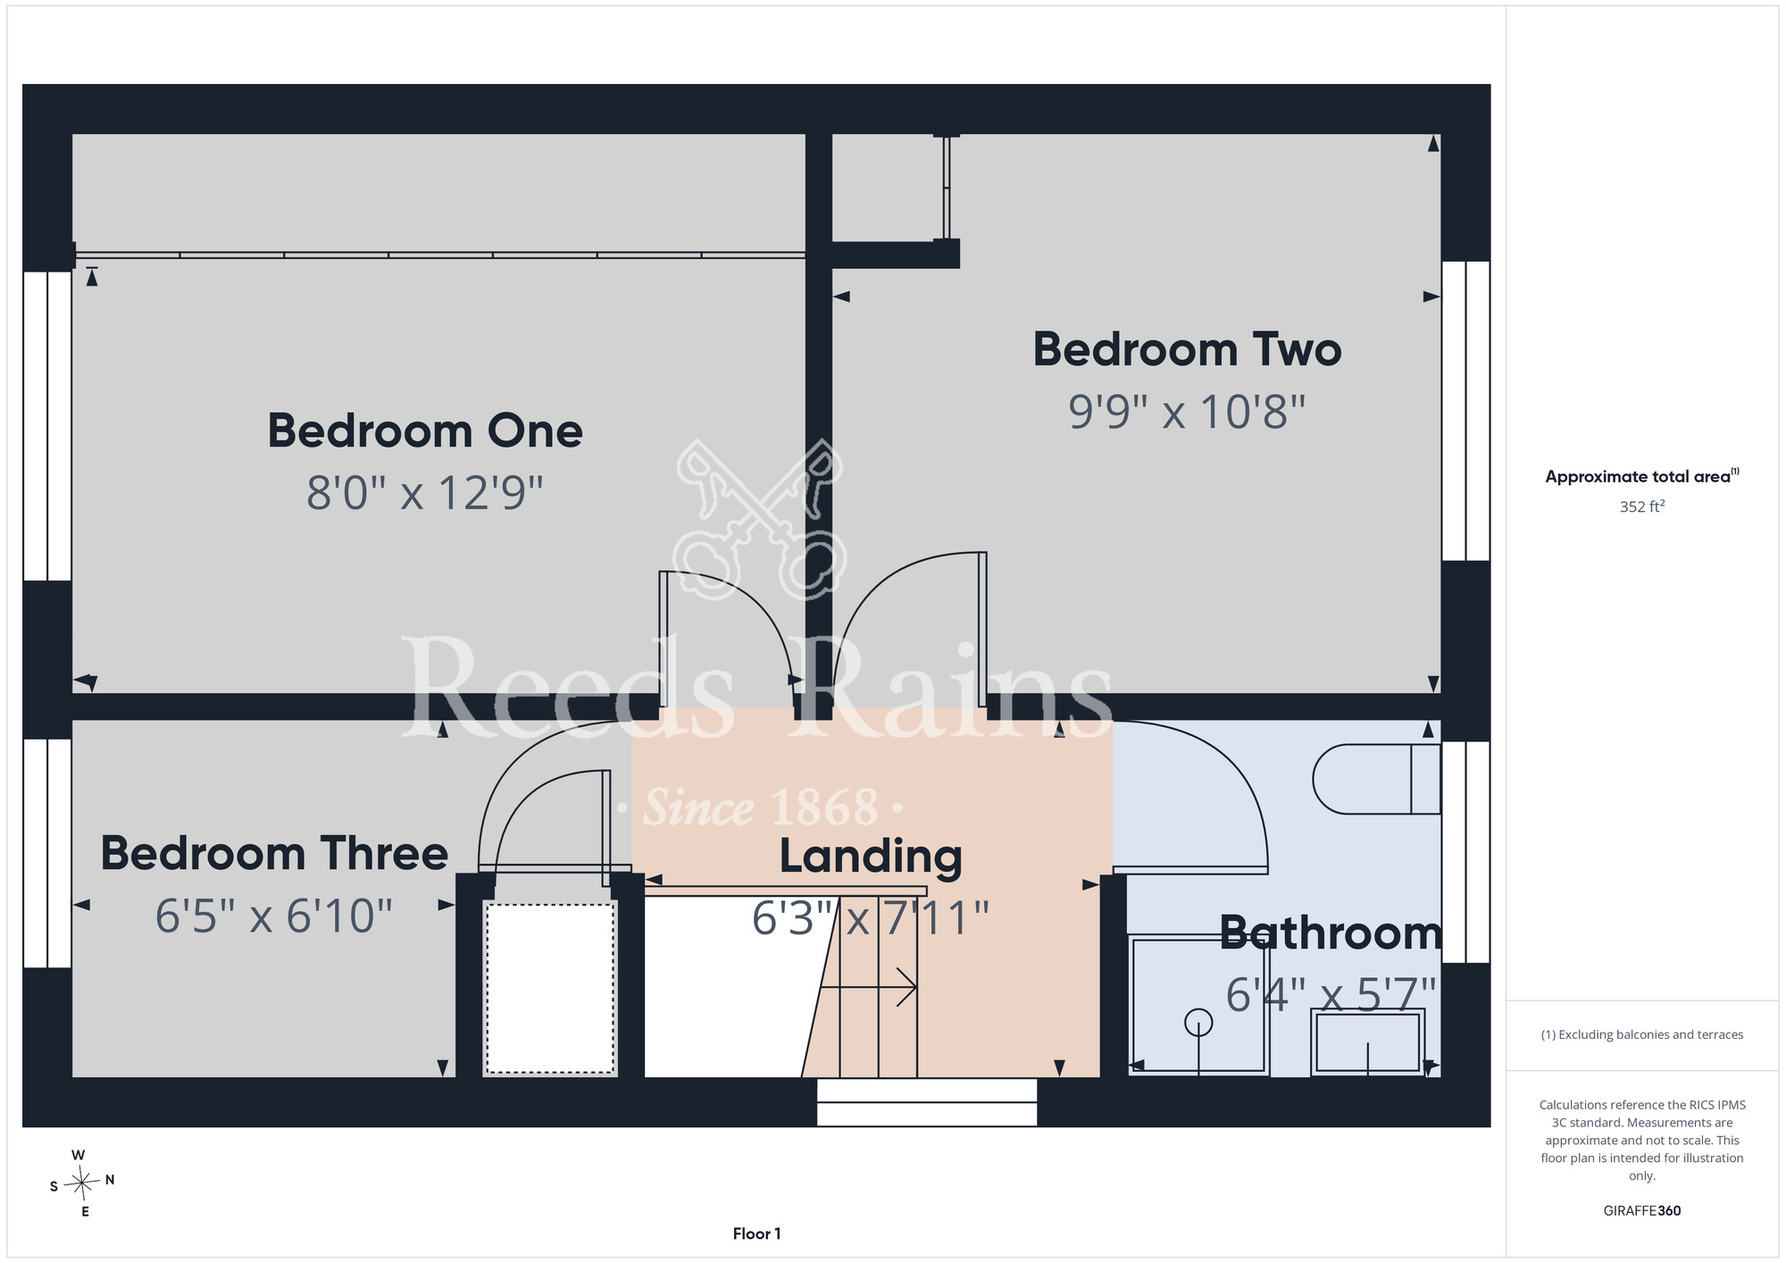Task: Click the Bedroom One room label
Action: coord(425,431)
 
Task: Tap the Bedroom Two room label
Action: coord(1187,349)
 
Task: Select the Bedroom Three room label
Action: coord(274,853)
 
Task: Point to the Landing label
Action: coord(871,857)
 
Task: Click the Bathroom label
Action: coord(1331,933)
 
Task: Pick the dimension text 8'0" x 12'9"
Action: coord(425,492)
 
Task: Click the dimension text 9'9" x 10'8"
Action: coord(1187,412)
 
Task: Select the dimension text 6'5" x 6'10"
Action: coord(274,916)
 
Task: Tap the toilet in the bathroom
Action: coord(1376,779)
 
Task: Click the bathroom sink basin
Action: coord(1367,1041)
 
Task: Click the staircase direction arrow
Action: coord(868,987)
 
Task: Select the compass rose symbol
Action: coord(82,1184)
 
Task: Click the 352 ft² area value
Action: coord(1641,506)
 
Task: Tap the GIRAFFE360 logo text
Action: coord(1641,1211)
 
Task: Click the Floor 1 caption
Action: coord(756,1234)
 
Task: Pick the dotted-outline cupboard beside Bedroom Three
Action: coord(550,988)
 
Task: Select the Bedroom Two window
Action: coord(1465,411)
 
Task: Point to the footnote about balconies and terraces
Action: coord(1641,1034)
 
